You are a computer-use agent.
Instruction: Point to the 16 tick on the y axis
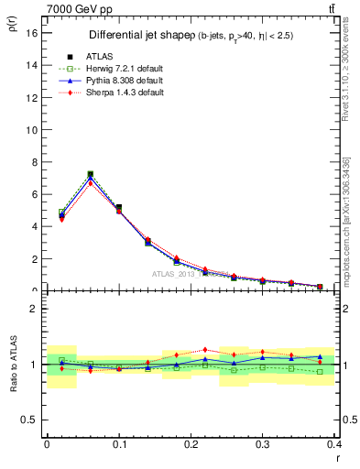click(32, 34)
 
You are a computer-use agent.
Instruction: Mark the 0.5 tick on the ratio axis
click(30, 420)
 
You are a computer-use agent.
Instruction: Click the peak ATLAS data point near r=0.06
click(90, 174)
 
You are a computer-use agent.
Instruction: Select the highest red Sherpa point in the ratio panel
click(205, 350)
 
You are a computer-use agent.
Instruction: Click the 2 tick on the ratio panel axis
click(33, 309)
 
